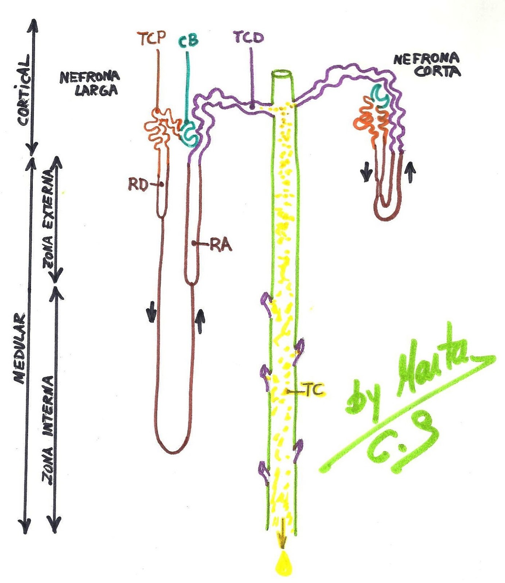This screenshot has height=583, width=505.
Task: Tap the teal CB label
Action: (188, 40)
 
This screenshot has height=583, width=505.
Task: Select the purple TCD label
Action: (249, 38)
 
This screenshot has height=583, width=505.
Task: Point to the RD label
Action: (138, 185)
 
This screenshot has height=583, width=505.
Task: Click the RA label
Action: (221, 245)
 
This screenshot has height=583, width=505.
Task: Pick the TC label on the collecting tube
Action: (313, 390)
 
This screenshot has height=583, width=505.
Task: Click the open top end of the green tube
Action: (282, 74)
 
